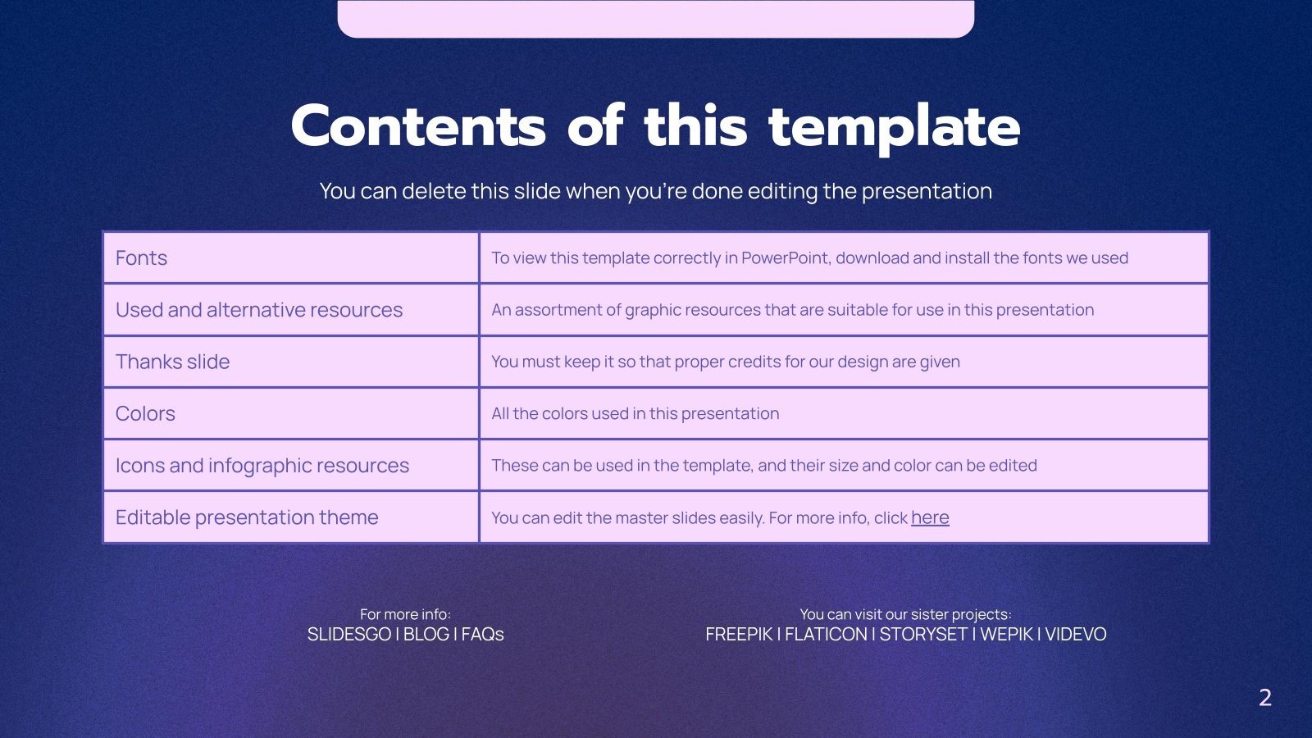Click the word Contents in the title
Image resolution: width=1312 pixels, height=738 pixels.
(x=417, y=127)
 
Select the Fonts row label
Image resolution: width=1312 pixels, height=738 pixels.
(x=141, y=258)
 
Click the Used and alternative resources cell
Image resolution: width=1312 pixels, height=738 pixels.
(x=259, y=310)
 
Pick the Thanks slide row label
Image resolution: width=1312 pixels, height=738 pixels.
(x=172, y=362)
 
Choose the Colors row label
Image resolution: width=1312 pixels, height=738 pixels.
(x=145, y=413)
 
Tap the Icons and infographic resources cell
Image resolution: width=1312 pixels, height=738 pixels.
(x=262, y=466)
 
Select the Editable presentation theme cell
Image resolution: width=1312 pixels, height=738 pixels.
(x=247, y=517)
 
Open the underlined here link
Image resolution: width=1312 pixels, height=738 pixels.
(x=930, y=517)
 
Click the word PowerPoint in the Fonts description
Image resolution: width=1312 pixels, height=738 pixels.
(x=785, y=258)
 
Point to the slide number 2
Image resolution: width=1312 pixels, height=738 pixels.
(x=1264, y=698)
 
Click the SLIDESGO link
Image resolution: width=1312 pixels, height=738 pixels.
(x=348, y=635)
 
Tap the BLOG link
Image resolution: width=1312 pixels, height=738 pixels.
(x=426, y=635)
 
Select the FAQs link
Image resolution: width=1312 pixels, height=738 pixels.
(x=482, y=635)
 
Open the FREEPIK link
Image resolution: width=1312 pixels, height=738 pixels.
(x=739, y=635)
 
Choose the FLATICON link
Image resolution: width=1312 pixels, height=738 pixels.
(x=825, y=635)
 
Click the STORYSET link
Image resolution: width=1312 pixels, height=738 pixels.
(x=923, y=635)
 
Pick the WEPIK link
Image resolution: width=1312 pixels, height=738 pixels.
(x=1006, y=635)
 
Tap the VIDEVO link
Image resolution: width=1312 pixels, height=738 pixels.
(x=1075, y=635)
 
